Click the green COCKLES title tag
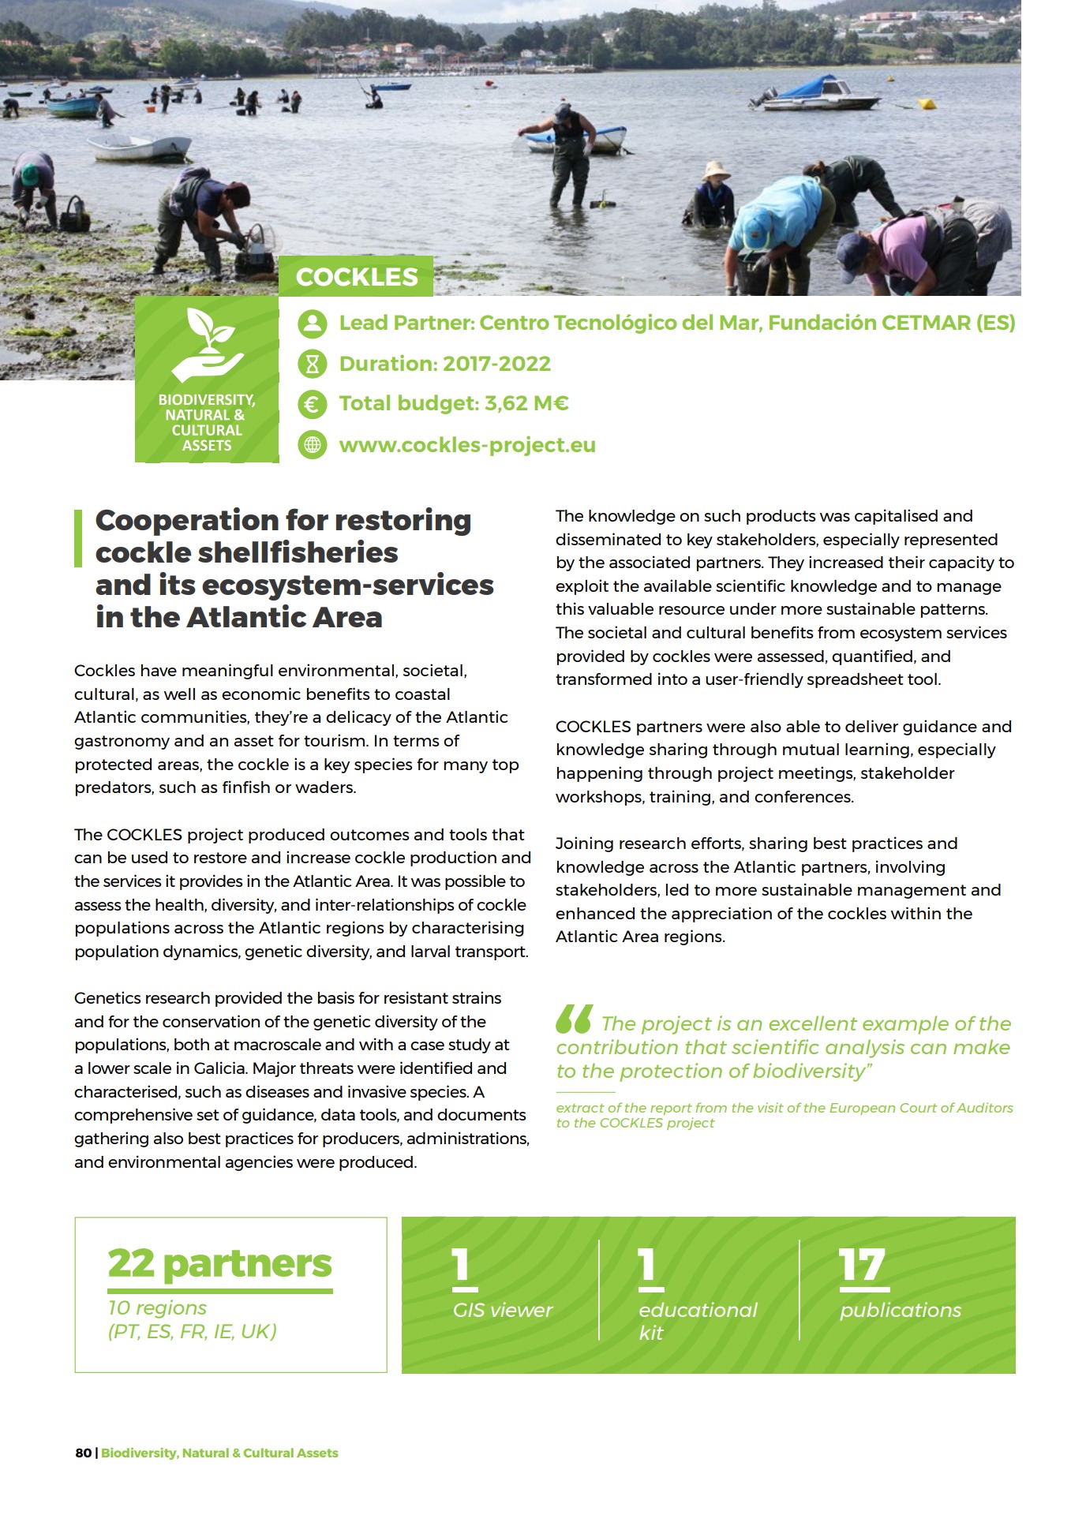[x=356, y=277]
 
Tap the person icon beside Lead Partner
[x=313, y=324]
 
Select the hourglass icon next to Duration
[x=313, y=364]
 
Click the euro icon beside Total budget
[x=313, y=404]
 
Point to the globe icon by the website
[x=313, y=445]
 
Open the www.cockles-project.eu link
[x=466, y=445]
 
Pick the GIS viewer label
[x=502, y=1311]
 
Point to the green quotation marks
[x=574, y=1019]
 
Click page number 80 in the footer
[x=83, y=1453]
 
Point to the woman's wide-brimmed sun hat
[x=717, y=170]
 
